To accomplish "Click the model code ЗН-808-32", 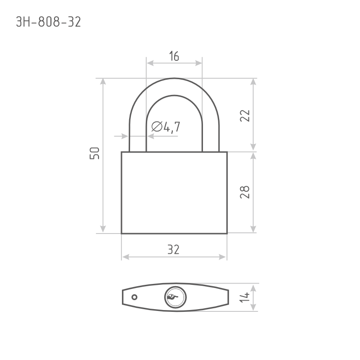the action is click(x=49, y=22).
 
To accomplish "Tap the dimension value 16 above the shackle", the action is click(x=174, y=56).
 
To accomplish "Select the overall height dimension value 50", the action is click(x=94, y=153).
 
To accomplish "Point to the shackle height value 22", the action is click(x=245, y=116).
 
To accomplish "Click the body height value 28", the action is click(x=245, y=192).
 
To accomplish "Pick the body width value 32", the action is click(x=173, y=250).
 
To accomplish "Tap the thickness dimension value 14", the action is click(x=245, y=297).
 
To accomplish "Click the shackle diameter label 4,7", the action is click(x=172, y=127).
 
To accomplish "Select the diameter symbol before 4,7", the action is click(x=157, y=126).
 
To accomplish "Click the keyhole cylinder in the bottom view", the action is click(x=175, y=297).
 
